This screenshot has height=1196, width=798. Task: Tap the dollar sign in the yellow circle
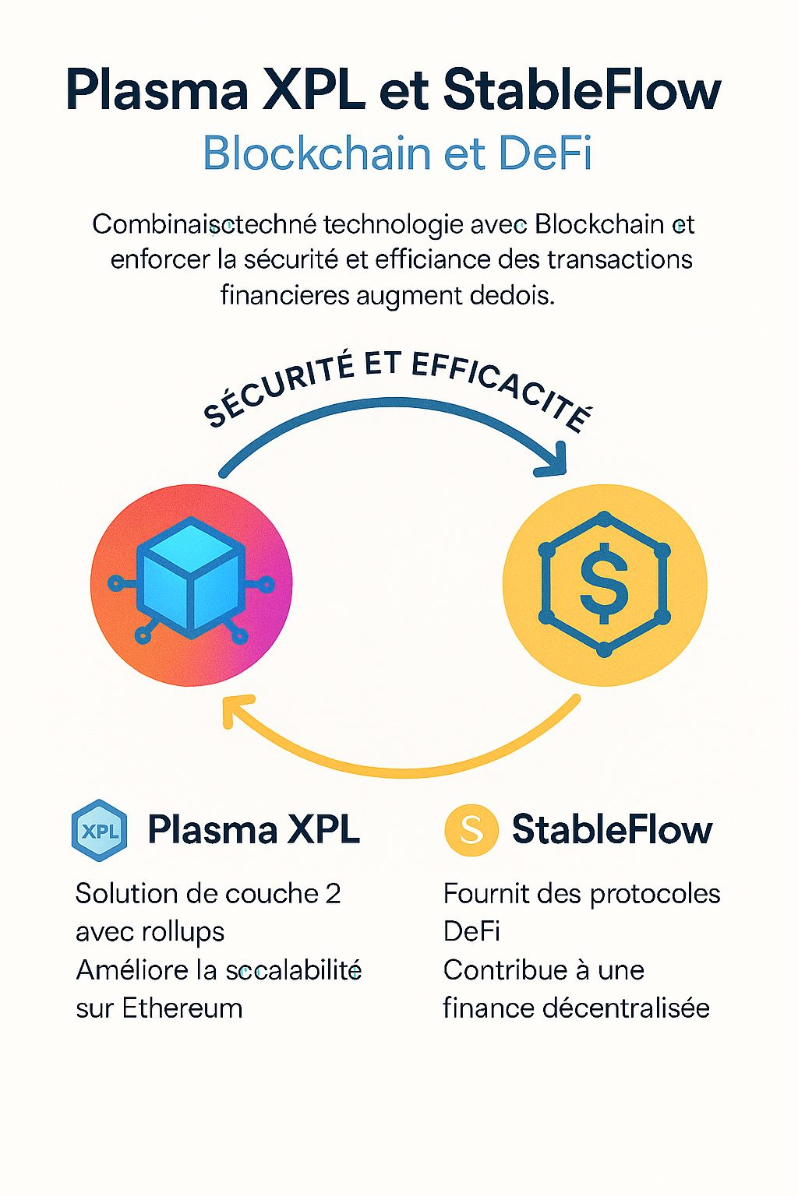[604, 584]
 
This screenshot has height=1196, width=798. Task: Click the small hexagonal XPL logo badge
[99, 830]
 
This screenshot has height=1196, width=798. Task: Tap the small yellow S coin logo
[471, 830]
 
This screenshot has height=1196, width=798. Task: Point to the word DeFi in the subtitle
[545, 153]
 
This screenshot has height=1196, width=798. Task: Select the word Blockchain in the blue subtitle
[316, 153]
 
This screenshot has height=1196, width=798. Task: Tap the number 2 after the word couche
[333, 894]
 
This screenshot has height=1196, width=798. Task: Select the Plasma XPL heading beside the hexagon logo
[253, 830]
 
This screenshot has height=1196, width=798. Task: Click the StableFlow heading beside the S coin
[612, 830]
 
